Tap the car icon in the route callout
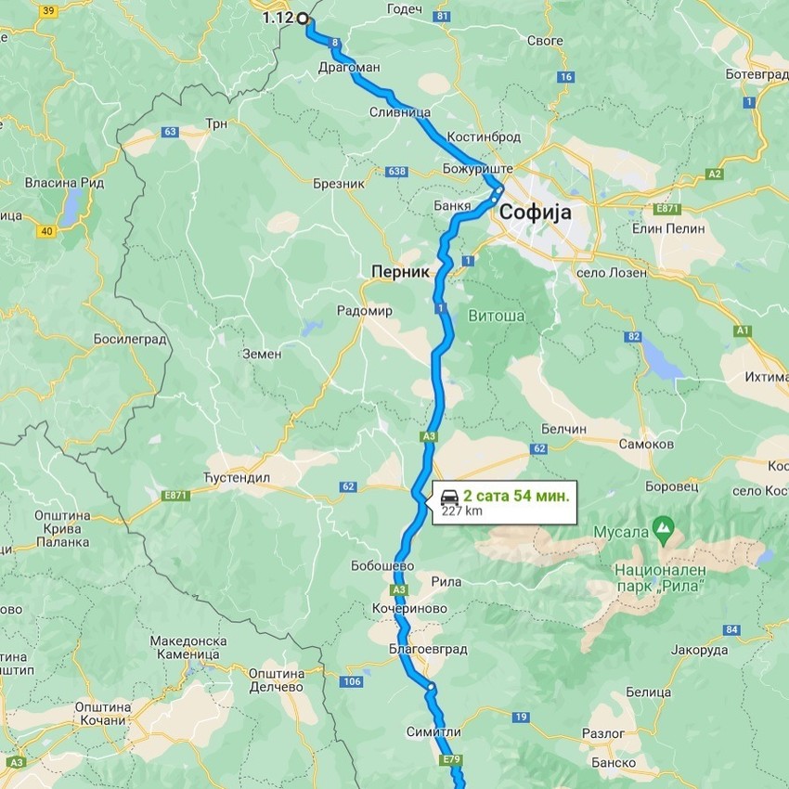point(449,495)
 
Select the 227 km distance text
point(461,511)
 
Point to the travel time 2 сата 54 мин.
point(516,495)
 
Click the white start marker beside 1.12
point(302,18)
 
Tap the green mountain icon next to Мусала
point(662,529)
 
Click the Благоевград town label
point(430,649)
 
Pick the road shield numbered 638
point(397,172)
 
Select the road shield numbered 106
point(351,682)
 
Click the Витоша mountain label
point(497,316)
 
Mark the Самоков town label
point(646,445)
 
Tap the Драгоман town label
point(349,68)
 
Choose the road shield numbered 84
point(732,630)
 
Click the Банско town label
point(613,763)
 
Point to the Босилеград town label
point(129,340)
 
